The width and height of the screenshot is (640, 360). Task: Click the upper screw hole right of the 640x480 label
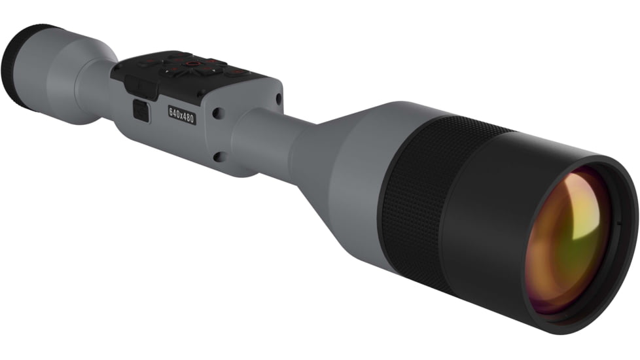(x=217, y=113)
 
